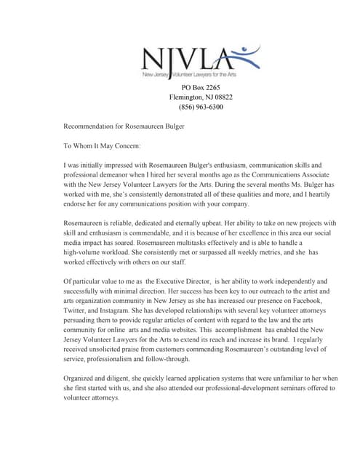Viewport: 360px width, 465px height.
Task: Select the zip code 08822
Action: coord(220,97)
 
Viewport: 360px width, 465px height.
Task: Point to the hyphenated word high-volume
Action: coord(85,262)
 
